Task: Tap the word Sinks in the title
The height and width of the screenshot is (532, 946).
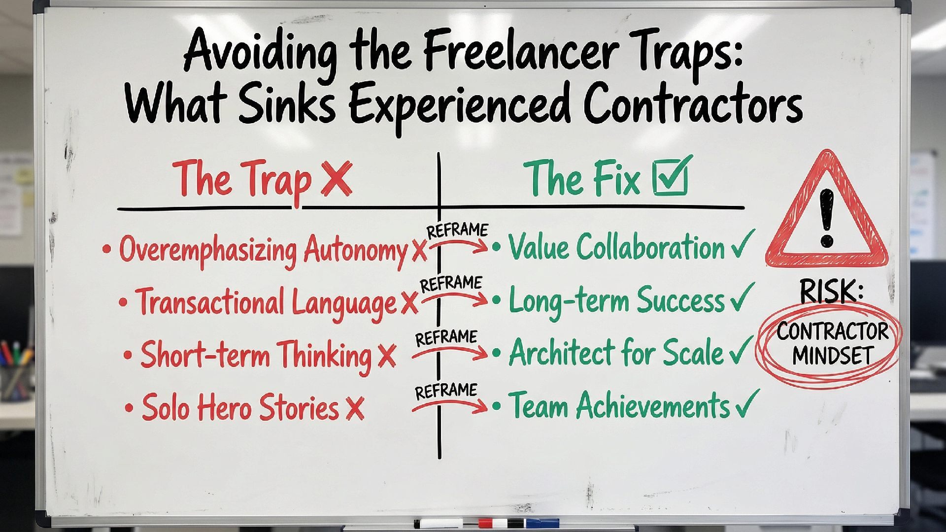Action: tap(285, 104)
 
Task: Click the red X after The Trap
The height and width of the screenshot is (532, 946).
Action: tap(337, 179)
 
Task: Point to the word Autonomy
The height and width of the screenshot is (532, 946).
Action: tap(355, 249)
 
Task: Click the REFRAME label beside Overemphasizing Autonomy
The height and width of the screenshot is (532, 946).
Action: tap(457, 231)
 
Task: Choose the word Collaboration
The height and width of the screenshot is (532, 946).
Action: tap(650, 247)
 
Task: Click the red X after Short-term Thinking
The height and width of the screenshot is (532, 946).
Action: tap(387, 355)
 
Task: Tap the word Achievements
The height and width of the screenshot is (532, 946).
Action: tap(652, 405)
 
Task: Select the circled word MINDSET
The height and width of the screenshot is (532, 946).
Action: tap(833, 356)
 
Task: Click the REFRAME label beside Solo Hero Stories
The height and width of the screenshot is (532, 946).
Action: tap(446, 391)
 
